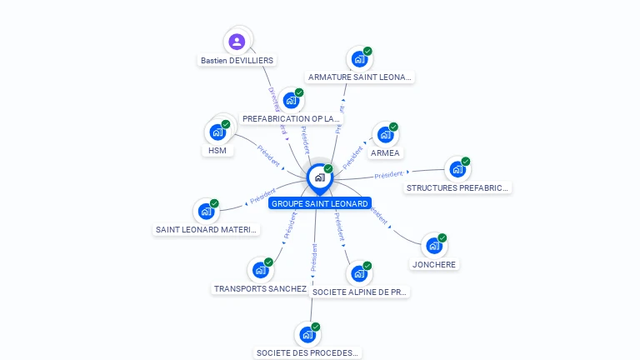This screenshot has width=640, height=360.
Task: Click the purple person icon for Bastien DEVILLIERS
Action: tap(237, 41)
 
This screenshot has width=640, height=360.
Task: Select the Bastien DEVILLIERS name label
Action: tap(237, 60)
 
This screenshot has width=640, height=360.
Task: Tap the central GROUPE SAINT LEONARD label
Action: tap(319, 203)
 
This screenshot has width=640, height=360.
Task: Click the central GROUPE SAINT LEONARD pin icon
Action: tap(319, 177)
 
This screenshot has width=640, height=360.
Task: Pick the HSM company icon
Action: tap(217, 132)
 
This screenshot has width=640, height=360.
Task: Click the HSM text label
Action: tap(217, 151)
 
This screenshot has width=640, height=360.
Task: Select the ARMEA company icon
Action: tap(385, 133)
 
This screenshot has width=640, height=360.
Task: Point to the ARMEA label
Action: tap(385, 152)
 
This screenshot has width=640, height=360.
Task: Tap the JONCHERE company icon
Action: tap(433, 246)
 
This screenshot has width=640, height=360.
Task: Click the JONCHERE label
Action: tap(433, 265)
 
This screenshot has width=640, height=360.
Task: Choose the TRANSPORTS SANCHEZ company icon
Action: tap(260, 270)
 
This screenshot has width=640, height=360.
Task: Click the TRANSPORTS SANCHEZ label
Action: tap(260, 289)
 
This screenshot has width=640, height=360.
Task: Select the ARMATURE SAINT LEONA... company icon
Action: tap(359, 58)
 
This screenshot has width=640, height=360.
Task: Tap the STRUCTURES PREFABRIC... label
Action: tap(457, 187)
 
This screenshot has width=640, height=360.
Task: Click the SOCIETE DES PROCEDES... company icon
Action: tap(307, 334)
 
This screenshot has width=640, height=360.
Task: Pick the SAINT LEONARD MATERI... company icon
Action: tap(206, 211)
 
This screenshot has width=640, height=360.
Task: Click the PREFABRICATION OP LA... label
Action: tap(292, 118)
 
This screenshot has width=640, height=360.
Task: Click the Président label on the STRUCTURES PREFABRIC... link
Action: tap(388, 175)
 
